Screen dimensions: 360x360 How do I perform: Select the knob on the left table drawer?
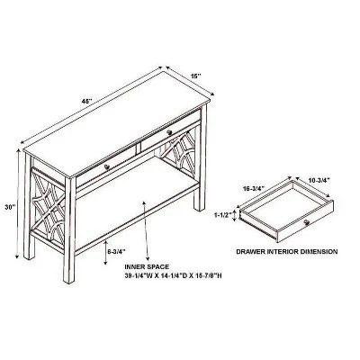coord(107,167)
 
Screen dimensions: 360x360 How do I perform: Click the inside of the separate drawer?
coord(283,206)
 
